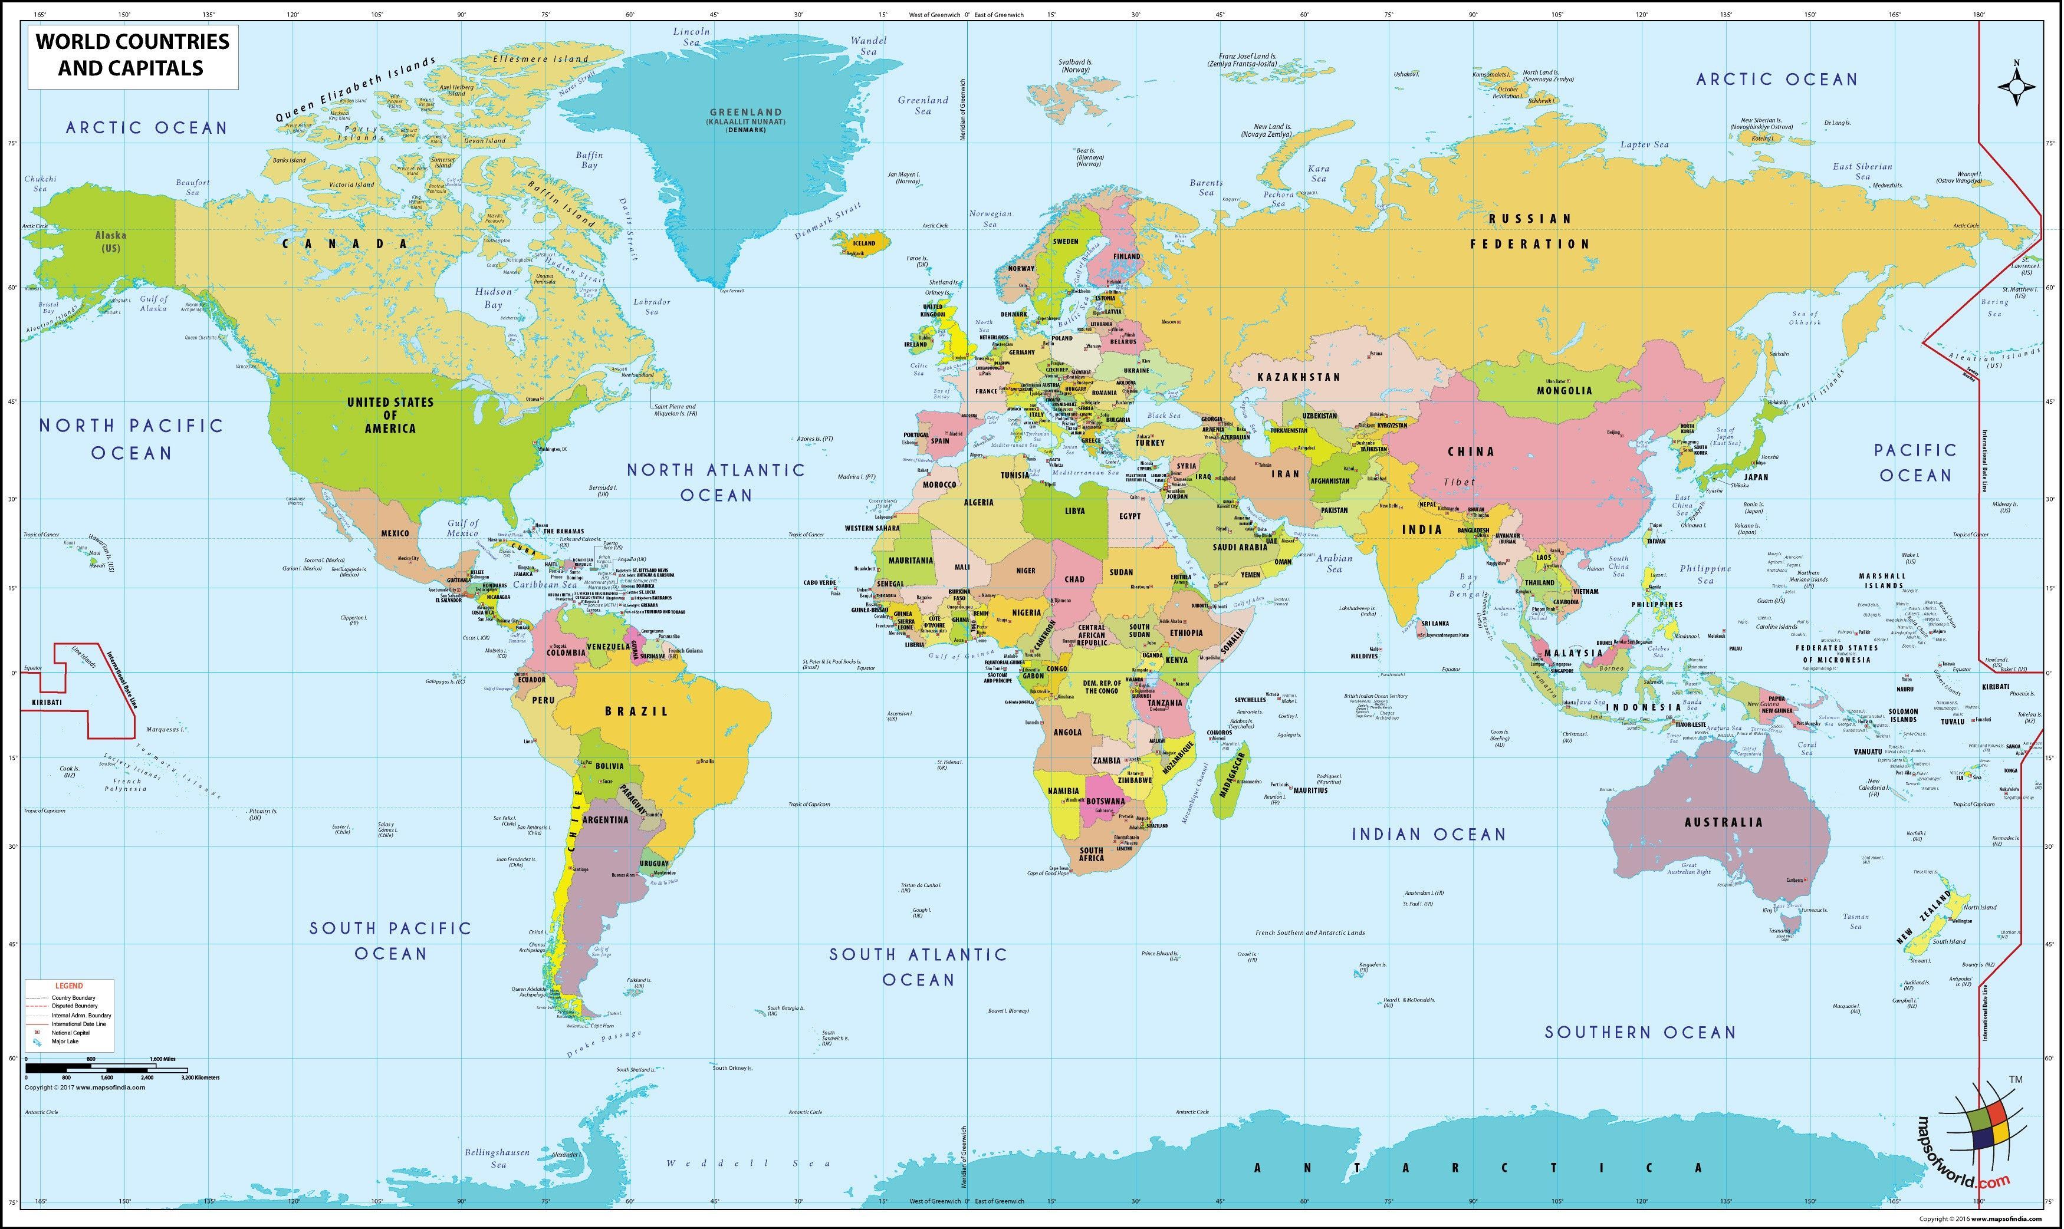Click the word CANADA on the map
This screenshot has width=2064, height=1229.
345,243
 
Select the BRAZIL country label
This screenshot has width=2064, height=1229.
636,710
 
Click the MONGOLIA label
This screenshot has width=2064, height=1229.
1565,390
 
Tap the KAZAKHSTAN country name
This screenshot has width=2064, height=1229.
1299,377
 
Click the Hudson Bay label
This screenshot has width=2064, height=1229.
494,298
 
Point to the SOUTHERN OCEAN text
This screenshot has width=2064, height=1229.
1640,1032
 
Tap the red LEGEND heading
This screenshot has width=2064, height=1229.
69,986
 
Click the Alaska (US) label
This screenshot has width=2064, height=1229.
111,241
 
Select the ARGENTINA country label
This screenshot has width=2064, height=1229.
605,819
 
